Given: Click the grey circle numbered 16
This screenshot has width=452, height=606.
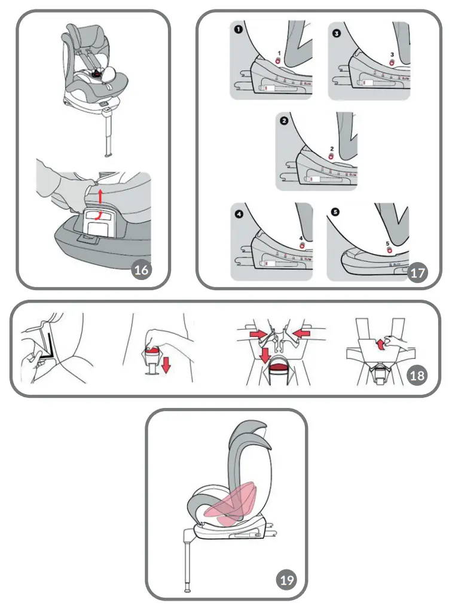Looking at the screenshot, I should [x=141, y=270].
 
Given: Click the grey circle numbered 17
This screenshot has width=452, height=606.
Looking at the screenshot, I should [x=418, y=273].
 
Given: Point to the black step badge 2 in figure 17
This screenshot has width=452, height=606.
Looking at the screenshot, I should [x=283, y=120].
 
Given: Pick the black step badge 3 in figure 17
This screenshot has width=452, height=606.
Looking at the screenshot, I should [x=336, y=34].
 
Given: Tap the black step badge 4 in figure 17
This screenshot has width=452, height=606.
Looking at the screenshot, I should [x=238, y=214].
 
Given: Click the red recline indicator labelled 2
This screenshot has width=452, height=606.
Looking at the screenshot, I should [x=331, y=157].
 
